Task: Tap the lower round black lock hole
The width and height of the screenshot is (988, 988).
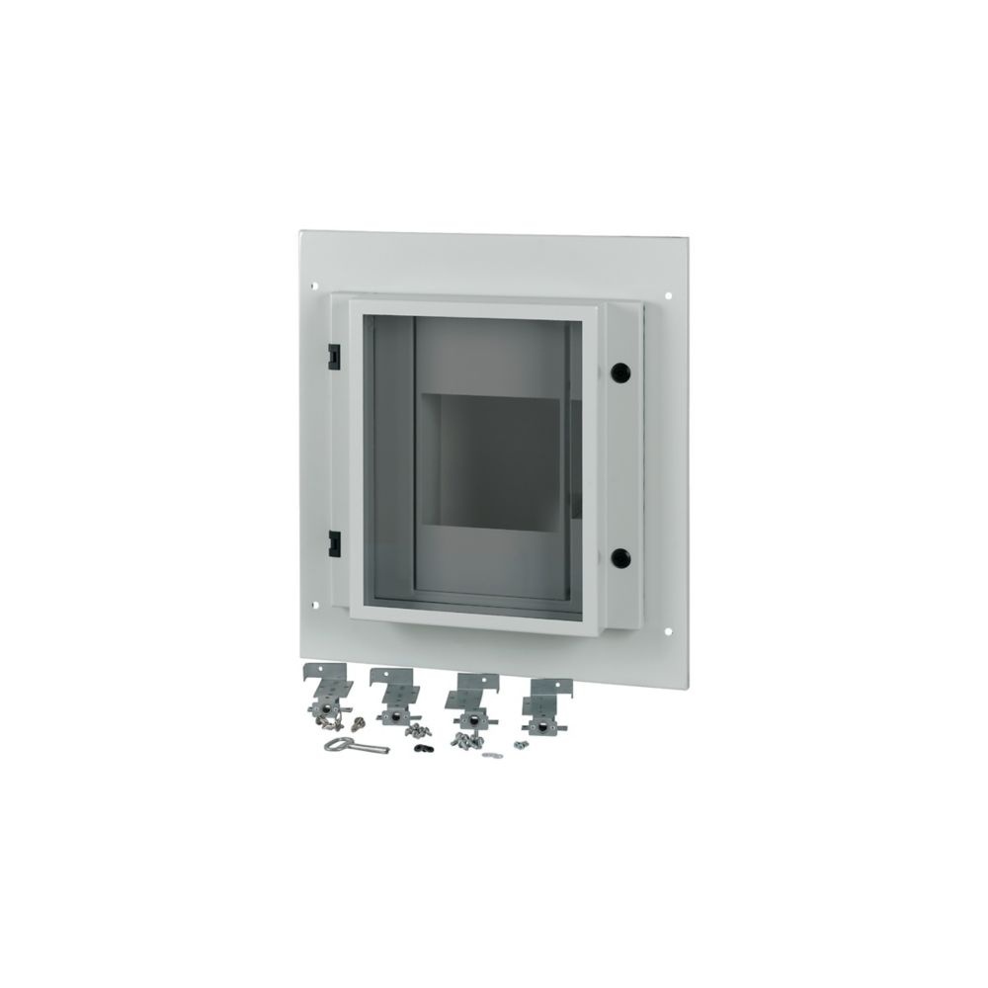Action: point(619,557)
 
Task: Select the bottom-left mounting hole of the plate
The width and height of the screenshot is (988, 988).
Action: point(315,605)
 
